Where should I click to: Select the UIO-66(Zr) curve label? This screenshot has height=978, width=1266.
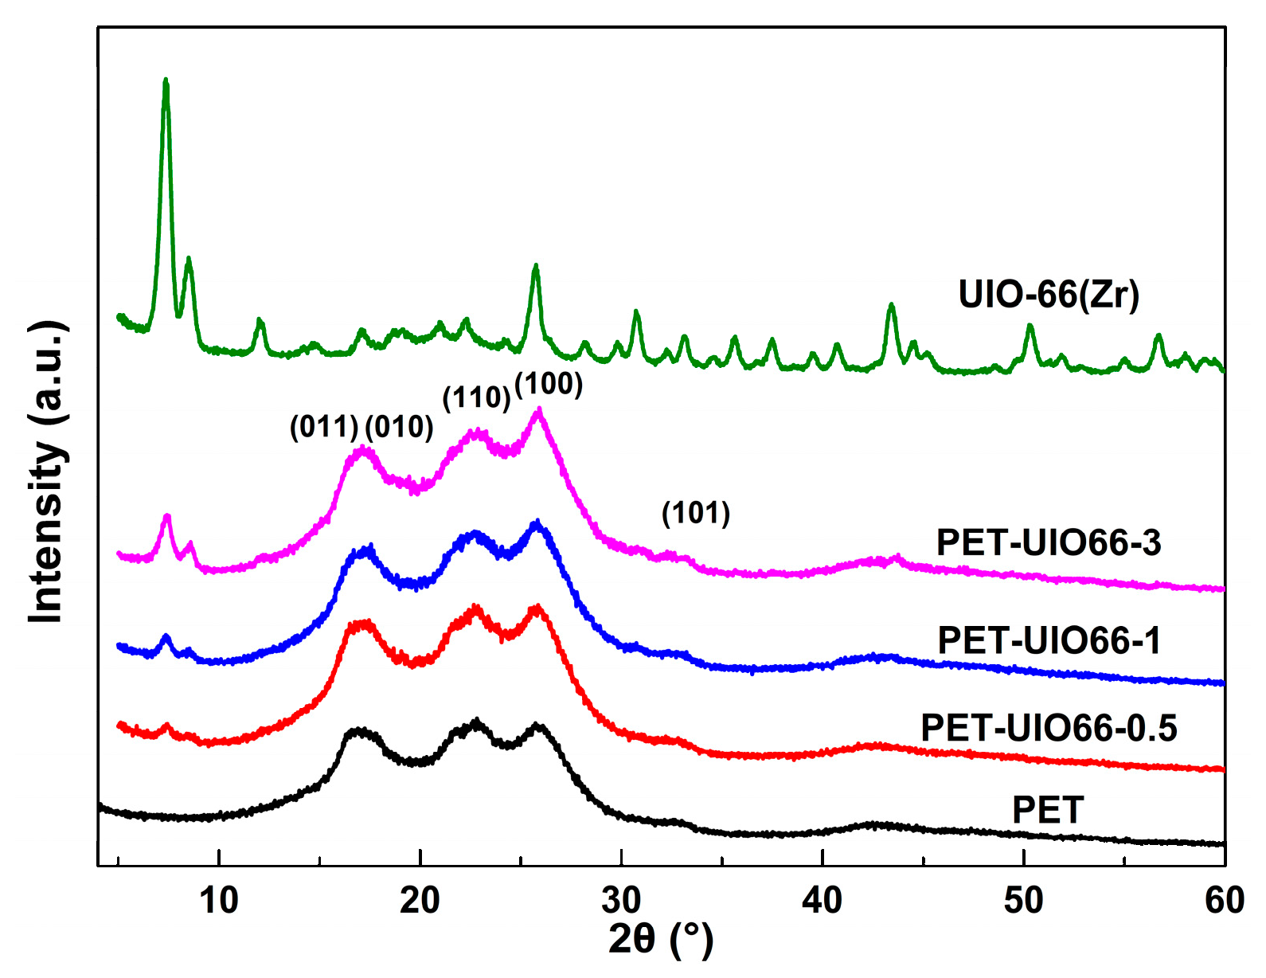pos(1049,295)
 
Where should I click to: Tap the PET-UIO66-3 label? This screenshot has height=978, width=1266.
pos(1048,543)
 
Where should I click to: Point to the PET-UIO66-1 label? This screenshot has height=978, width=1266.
pos(1049,640)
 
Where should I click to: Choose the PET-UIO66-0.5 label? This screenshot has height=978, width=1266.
pos(1049,728)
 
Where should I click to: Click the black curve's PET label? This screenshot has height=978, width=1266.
pos(1047,811)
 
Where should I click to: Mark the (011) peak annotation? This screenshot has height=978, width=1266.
pos(324,428)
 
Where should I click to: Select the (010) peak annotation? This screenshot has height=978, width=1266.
pos(399,428)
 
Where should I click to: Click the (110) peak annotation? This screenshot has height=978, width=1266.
pos(476,397)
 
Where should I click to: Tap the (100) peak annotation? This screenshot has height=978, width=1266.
pos(549,385)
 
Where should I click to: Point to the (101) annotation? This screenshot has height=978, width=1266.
pos(696,514)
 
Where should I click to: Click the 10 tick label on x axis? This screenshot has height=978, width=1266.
pos(218,900)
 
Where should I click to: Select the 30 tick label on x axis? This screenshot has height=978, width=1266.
pos(621,900)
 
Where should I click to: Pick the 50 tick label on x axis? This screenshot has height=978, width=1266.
pos(1023,900)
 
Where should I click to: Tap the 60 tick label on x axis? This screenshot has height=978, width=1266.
pos(1224,900)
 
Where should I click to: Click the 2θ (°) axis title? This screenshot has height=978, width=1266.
pos(660,940)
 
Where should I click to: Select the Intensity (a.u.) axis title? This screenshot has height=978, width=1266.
pos(46,471)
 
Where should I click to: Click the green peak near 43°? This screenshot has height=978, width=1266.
pos(891,306)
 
